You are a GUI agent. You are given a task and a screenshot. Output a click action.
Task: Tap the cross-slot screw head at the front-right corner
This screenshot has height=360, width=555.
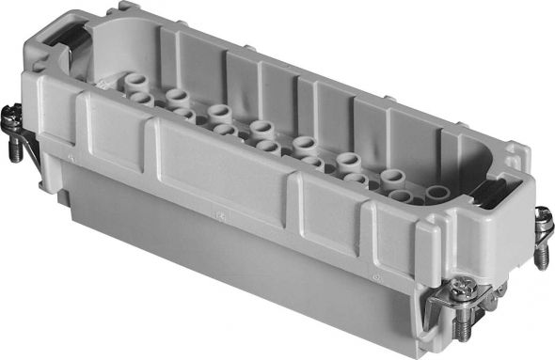click(x=460, y=292)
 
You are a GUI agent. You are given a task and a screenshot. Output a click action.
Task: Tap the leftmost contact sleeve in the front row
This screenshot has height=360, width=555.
click(x=141, y=99)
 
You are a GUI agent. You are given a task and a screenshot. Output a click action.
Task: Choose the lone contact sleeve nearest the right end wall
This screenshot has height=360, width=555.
click(x=436, y=194)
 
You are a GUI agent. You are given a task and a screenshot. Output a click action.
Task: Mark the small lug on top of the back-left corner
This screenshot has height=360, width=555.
click(x=122, y=8)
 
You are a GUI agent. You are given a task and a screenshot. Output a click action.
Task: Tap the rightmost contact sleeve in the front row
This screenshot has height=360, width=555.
click(x=401, y=197)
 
